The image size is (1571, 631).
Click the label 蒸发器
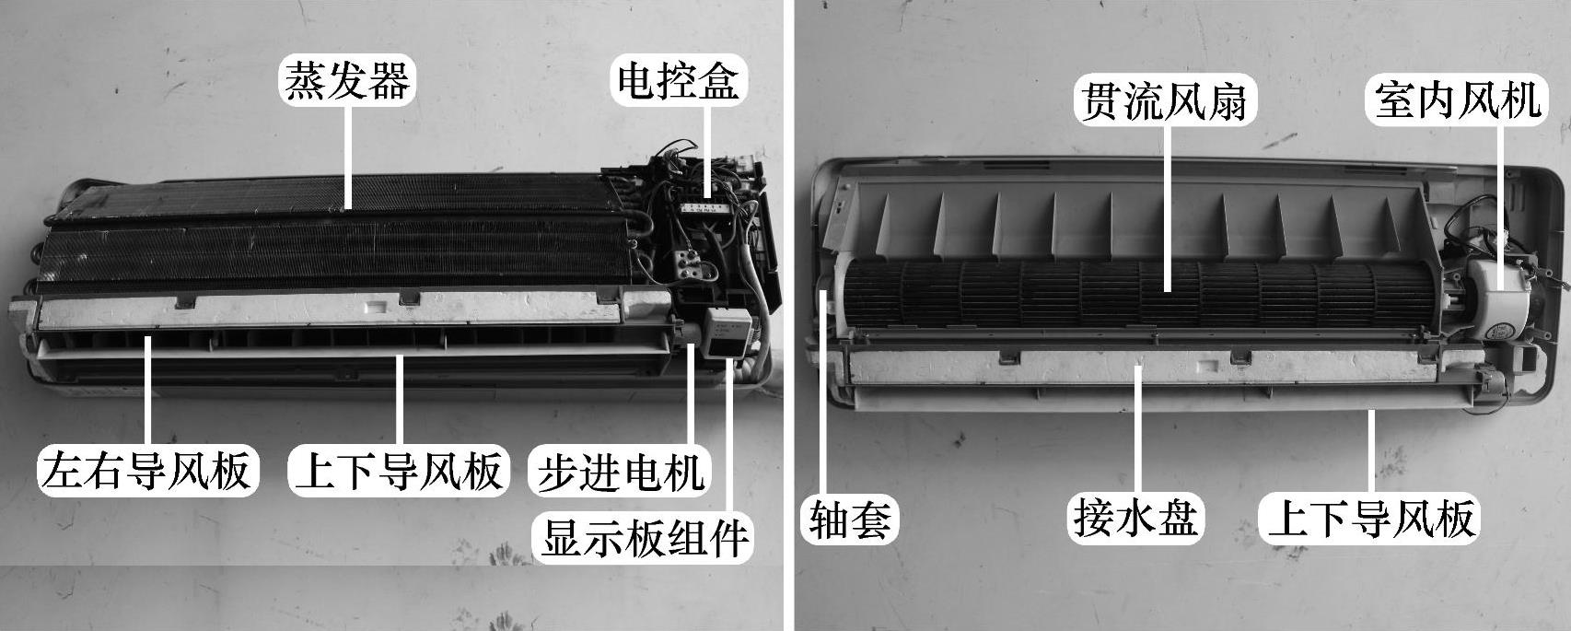(347, 80)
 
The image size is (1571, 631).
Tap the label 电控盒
(678, 80)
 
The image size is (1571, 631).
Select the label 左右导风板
(147, 470)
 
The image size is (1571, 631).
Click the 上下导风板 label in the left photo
(399, 470)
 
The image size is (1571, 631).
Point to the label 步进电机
(620, 472)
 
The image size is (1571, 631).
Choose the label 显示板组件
(643, 537)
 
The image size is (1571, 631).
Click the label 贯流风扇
(1165, 100)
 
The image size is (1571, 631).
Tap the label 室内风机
(1457, 100)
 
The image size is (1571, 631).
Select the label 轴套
(850, 520)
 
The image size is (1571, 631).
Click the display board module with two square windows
(730, 332)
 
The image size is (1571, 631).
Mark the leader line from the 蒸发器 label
(348, 156)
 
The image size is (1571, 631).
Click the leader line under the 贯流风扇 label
(1167, 205)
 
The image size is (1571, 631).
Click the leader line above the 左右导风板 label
(148, 392)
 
